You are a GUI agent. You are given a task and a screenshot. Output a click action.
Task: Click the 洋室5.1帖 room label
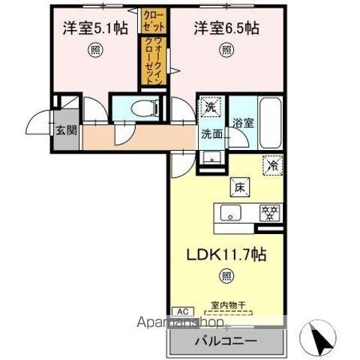pos(95,28)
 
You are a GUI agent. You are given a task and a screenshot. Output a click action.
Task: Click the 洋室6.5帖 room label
pos(226,28)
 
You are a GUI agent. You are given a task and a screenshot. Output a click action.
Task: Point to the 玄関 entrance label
pos(65,129)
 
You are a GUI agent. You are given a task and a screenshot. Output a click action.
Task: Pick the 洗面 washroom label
pos(211,135)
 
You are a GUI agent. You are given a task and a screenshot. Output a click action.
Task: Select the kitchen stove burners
pos(268,212)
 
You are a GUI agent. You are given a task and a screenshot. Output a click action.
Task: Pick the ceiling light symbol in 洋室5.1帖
pos(95,50)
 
